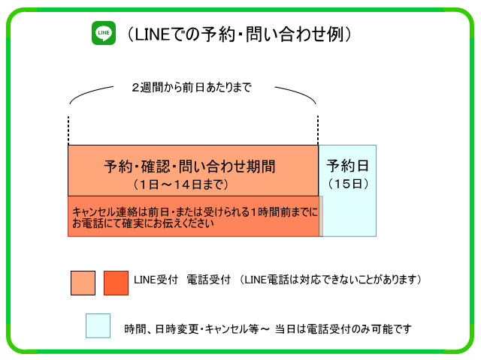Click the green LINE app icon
tap(104, 33)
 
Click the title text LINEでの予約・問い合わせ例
tap(238, 34)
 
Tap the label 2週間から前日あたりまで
tap(192, 88)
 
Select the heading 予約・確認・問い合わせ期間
tap(189, 166)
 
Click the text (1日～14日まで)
tap(181, 184)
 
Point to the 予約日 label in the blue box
tap(347, 166)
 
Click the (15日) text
tap(348, 184)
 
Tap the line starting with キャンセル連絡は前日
tap(195, 211)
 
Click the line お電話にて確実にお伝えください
tap(143, 223)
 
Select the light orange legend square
tap(83, 283)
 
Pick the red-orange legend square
tap(116, 283)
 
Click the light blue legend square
tap(98, 325)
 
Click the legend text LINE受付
tap(156, 280)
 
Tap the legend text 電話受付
tap(209, 280)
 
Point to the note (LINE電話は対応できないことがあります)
tap(331, 280)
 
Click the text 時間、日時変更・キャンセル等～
tap(197, 329)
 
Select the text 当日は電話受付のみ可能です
tap(343, 329)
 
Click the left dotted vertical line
tap(68, 130)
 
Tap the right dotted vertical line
tap(318, 130)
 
